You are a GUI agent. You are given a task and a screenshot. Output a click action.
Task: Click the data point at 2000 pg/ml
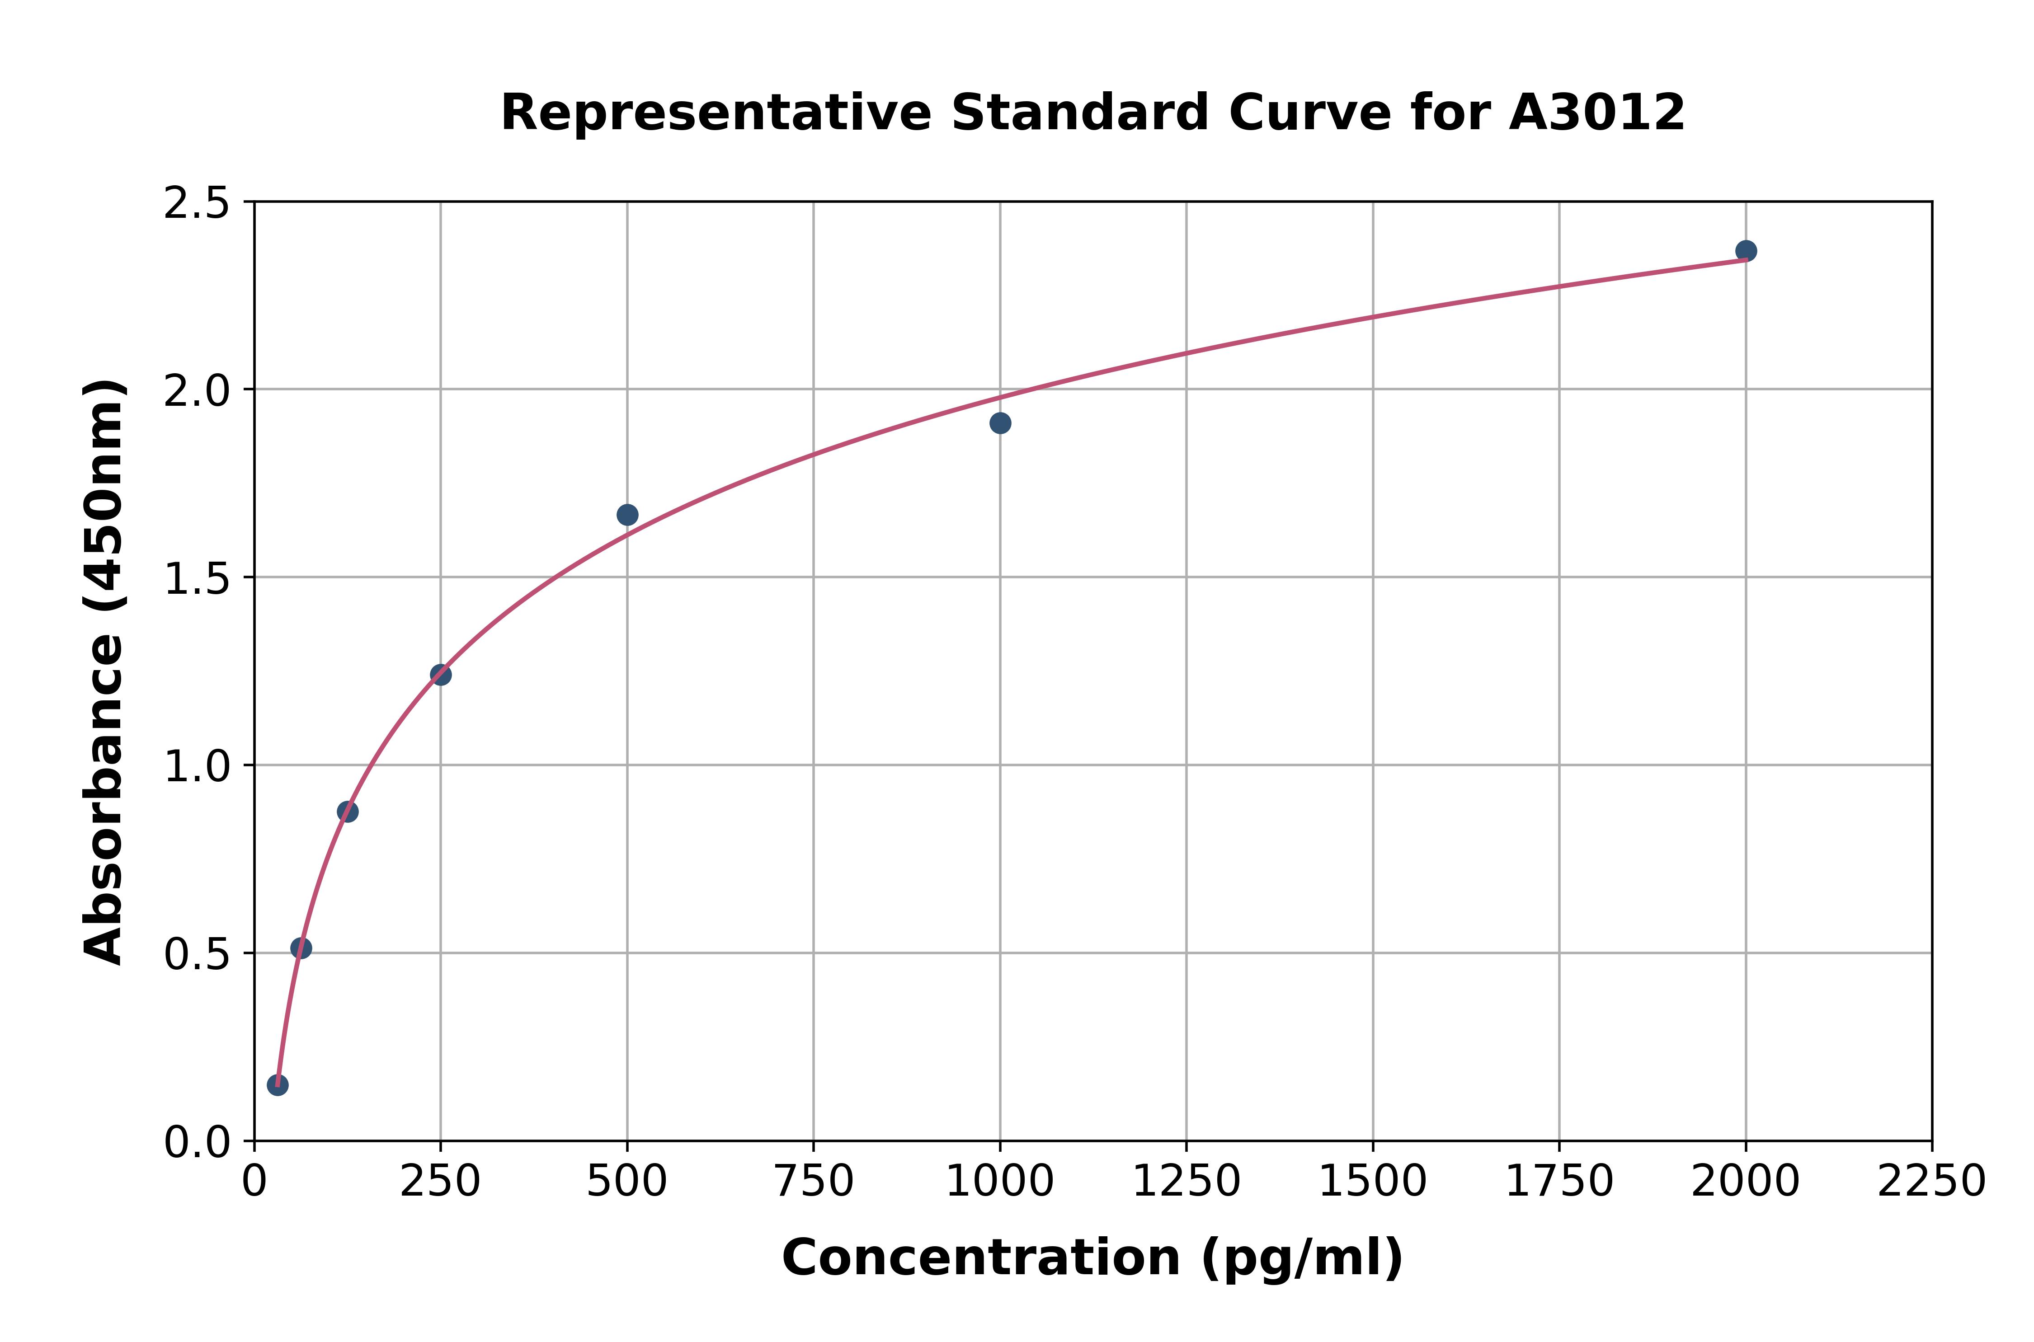click(x=1746, y=251)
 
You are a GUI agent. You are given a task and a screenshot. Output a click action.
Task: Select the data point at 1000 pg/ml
click(x=1000, y=423)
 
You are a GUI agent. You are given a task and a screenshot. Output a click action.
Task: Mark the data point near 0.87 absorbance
click(x=348, y=812)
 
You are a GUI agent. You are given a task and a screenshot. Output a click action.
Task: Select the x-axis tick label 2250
click(x=1931, y=1182)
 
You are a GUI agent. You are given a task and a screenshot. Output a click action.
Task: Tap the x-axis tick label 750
click(x=813, y=1182)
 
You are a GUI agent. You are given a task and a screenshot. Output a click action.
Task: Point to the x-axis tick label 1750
click(x=1559, y=1182)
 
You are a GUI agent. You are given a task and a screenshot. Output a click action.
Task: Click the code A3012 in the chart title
click(x=1596, y=113)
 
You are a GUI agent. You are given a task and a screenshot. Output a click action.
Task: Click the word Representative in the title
click(x=716, y=113)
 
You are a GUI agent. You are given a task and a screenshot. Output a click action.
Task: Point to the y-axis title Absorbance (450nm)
click(x=104, y=672)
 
